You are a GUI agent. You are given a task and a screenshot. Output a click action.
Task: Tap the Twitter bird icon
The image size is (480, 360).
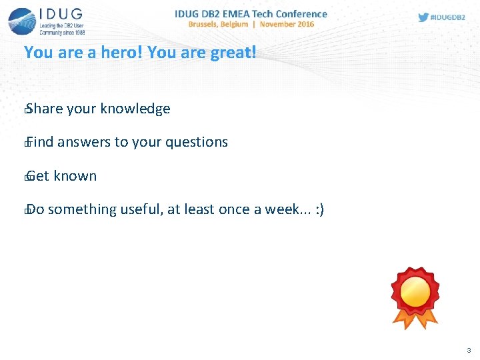(x=423, y=17)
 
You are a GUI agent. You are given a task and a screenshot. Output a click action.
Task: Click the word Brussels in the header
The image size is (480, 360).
(x=208, y=24)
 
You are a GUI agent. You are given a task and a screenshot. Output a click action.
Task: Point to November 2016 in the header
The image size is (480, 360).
(x=287, y=24)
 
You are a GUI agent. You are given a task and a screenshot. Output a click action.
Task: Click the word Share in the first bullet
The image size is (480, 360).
(x=44, y=109)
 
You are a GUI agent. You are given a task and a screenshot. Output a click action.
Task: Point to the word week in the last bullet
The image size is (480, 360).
(x=283, y=209)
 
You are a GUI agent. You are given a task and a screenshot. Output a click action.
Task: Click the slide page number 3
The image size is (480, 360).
(x=469, y=350)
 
